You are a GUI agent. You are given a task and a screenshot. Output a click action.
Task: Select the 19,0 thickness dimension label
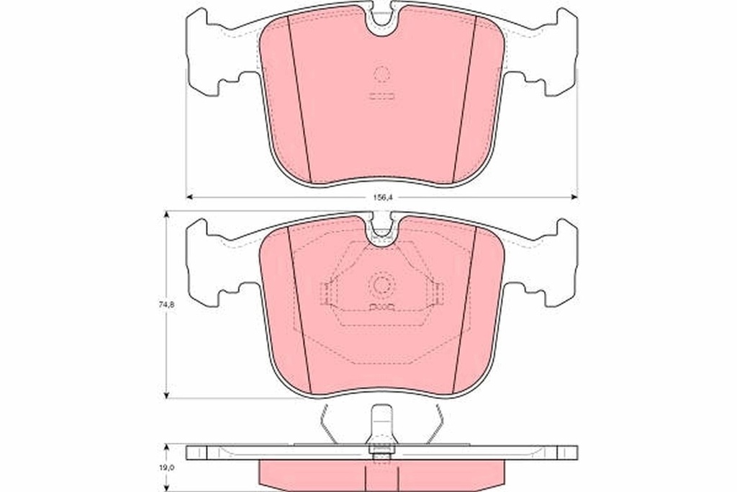click(x=166, y=468)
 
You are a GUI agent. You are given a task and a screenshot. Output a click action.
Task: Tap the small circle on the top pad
click(x=381, y=75)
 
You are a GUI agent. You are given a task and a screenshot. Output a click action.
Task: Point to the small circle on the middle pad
click(x=381, y=285)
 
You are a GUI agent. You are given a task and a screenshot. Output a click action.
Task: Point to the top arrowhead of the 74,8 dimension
click(x=167, y=215)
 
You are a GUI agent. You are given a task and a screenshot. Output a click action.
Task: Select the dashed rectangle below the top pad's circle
click(x=381, y=96)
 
